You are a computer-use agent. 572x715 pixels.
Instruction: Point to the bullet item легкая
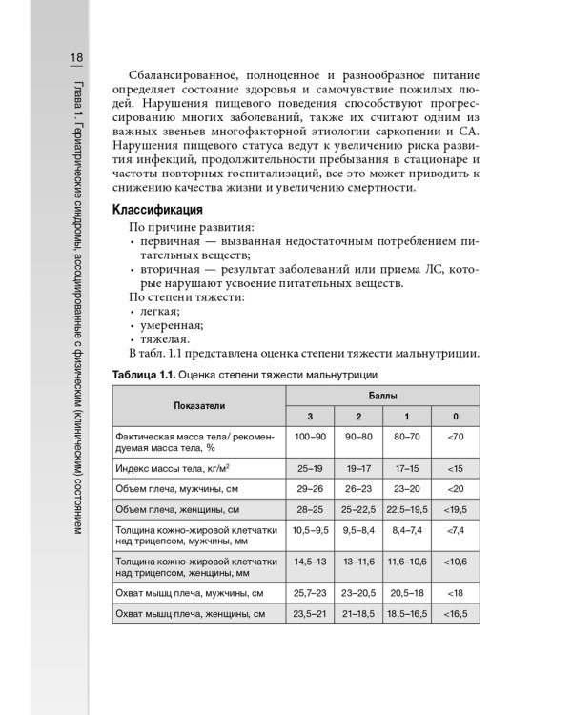(x=157, y=311)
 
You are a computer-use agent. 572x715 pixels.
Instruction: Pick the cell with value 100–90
(x=311, y=436)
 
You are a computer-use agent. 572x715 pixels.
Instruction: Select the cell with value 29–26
(x=311, y=488)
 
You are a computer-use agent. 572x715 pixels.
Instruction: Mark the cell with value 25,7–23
(x=311, y=593)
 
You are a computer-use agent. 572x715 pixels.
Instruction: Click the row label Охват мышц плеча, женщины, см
(x=190, y=613)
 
